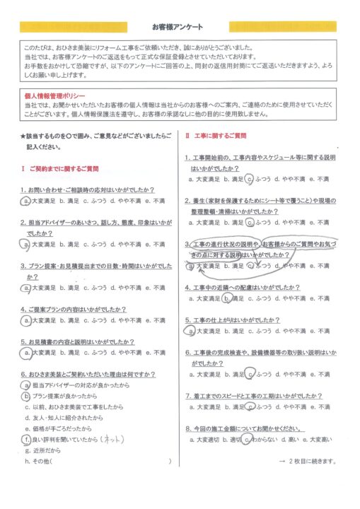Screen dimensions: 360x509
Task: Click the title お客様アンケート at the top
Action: click(x=180, y=27)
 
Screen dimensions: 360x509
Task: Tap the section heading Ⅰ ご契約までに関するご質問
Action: click(x=61, y=170)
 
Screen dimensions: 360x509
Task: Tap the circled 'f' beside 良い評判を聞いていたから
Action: click(x=26, y=439)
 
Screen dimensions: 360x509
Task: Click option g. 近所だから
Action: click(x=44, y=450)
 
